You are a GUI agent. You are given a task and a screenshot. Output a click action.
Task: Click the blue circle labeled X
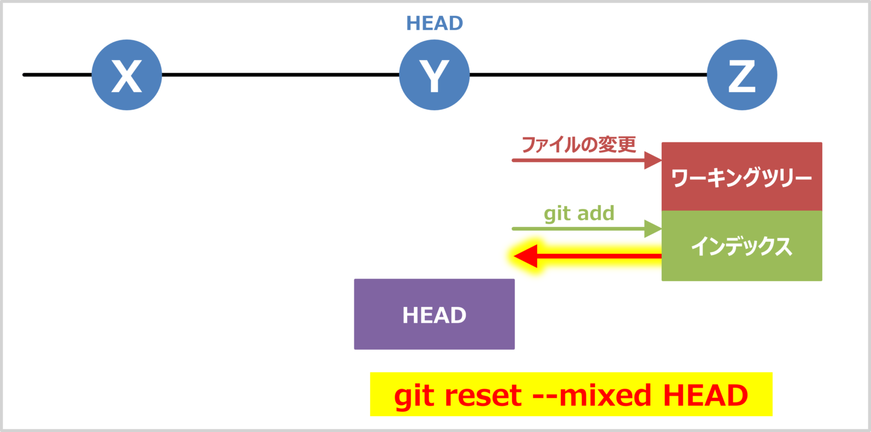[x=126, y=75]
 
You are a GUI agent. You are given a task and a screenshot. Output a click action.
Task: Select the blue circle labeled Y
[x=434, y=75]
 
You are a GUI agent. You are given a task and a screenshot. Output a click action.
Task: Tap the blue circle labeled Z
[x=742, y=75]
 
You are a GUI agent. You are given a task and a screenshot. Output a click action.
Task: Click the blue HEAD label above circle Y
[x=434, y=23]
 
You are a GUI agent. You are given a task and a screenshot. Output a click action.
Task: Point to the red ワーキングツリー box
[x=742, y=177]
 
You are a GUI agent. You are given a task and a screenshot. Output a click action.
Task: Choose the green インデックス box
[x=742, y=246]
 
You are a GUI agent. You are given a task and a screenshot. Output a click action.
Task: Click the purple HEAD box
[x=434, y=314]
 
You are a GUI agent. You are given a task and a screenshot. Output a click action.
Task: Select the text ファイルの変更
[x=579, y=144]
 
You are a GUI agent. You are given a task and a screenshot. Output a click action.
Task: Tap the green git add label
[x=579, y=213]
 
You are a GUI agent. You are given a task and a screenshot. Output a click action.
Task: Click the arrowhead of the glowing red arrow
[x=525, y=257]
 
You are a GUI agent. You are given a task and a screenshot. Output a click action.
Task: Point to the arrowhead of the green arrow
[x=654, y=229]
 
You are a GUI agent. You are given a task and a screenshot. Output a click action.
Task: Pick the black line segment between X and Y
[x=280, y=74]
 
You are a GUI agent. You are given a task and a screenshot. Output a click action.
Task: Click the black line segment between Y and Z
[x=588, y=74]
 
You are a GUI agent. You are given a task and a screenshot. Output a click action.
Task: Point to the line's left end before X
[x=25, y=74]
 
